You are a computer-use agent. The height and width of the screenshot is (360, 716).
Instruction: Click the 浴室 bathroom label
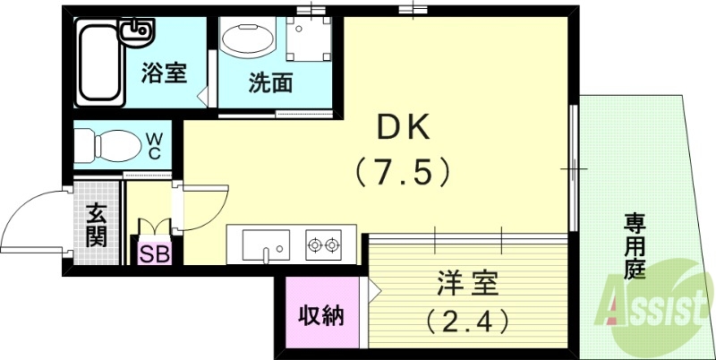coord(164,73)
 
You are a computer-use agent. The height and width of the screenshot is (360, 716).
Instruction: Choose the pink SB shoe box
coord(153,253)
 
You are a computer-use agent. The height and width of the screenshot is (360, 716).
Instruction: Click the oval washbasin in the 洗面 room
coord(249,40)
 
